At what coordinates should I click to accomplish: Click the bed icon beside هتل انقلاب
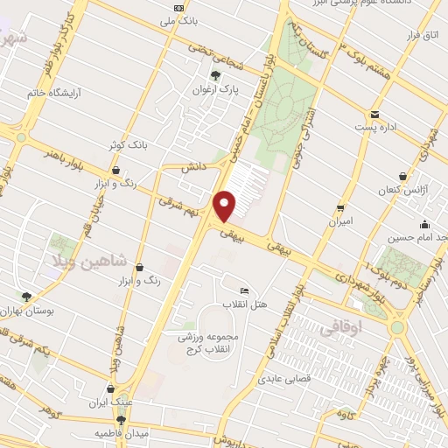pyautogui.click(x=243, y=290)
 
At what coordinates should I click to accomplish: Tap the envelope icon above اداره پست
pyautogui.click(x=374, y=115)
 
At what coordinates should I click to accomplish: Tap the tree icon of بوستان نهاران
pyautogui.click(x=26, y=297)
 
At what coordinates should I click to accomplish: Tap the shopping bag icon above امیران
pyautogui.click(x=339, y=208)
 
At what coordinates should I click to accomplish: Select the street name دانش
pyautogui.click(x=192, y=165)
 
